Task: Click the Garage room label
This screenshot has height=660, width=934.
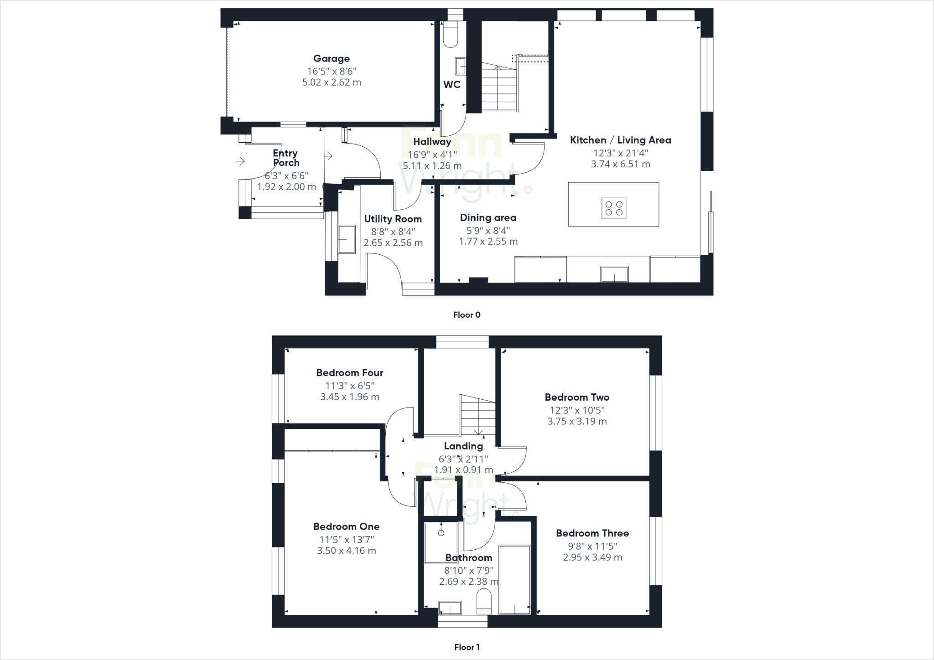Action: [332, 58]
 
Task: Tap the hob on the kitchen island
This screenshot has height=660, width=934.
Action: [613, 208]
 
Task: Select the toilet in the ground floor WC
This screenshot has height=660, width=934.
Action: [451, 36]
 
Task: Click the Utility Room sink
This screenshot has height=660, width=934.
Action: [347, 239]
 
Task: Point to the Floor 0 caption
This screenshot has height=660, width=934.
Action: [467, 315]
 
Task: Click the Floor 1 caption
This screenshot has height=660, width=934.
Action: [467, 647]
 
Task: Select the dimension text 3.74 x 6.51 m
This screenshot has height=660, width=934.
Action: [620, 164]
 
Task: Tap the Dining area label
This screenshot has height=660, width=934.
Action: [488, 218]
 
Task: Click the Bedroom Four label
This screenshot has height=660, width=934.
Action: [350, 373]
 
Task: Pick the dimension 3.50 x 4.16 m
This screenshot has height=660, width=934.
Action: [347, 551]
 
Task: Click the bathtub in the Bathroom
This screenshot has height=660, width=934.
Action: [515, 579]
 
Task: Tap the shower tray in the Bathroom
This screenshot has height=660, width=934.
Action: [441, 542]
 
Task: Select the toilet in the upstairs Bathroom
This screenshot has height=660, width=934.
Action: [483, 602]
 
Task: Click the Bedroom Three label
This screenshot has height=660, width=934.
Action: [592, 533]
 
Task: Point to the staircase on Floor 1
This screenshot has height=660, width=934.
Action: [477, 415]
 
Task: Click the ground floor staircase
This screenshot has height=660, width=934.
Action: [499, 89]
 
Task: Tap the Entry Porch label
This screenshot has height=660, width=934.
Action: [286, 158]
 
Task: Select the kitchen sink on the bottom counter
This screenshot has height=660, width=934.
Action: [614, 274]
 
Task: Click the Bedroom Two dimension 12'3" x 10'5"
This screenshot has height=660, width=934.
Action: [577, 410]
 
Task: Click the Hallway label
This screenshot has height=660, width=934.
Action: [432, 142]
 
